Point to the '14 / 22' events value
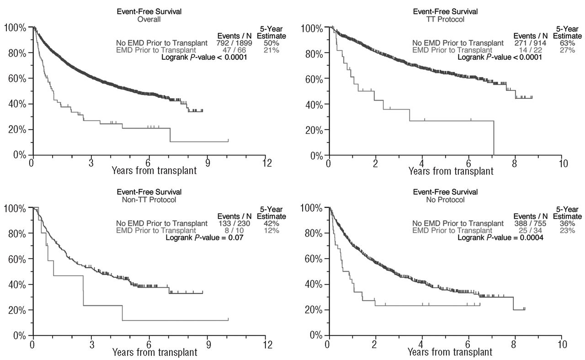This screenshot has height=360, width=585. click(x=530, y=50)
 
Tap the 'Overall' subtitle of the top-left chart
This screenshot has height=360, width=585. click(x=149, y=19)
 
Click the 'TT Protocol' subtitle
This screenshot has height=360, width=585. click(x=446, y=19)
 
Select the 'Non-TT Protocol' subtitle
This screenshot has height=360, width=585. click(x=149, y=199)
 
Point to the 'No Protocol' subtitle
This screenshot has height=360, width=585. click(x=446, y=199)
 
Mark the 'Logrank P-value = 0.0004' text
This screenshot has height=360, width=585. click(x=501, y=238)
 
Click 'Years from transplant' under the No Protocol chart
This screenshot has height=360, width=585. click(x=451, y=352)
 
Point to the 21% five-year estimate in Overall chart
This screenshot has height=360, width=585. click(x=271, y=50)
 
